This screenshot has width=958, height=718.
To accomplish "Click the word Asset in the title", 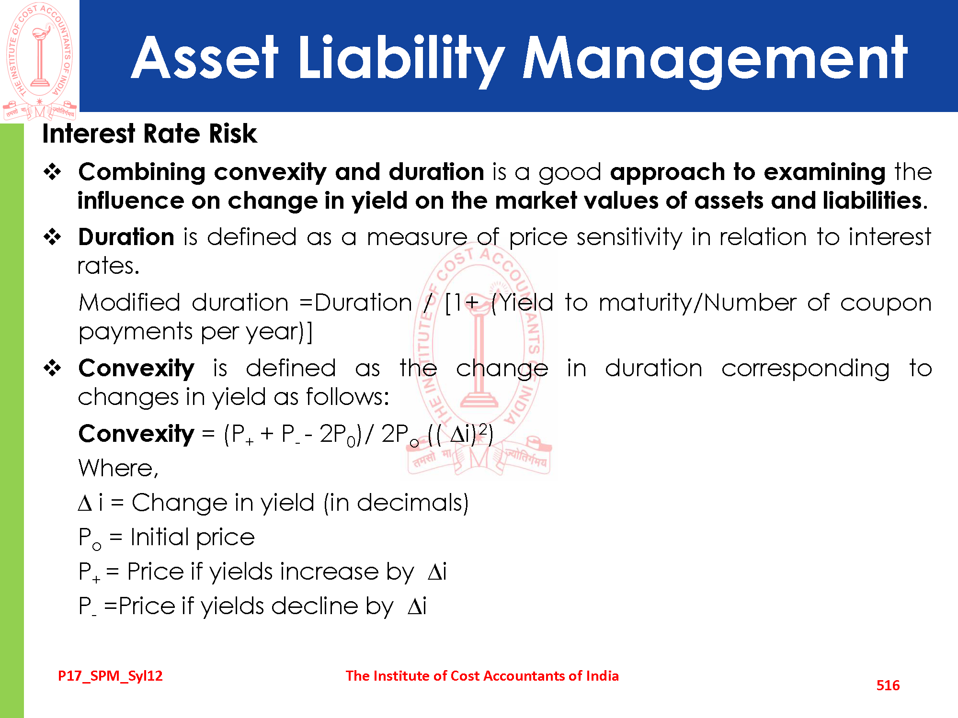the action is click(205, 58).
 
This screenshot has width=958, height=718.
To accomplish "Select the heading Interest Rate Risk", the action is click(149, 134).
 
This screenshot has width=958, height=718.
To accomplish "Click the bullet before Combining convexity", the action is click(53, 172).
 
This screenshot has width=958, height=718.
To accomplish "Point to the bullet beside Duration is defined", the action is click(53, 237).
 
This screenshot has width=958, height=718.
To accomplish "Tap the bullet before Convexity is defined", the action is click(53, 368).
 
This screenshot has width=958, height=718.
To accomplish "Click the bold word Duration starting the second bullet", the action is click(126, 237).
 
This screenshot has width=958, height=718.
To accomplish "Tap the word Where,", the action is click(118, 468).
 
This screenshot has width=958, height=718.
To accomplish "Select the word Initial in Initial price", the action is click(160, 537).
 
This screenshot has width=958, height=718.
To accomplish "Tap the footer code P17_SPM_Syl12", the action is click(110, 676).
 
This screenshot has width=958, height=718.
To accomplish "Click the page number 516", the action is click(888, 685).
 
